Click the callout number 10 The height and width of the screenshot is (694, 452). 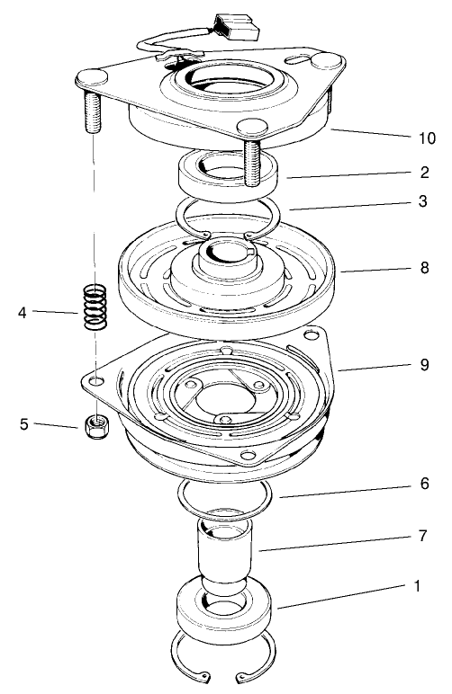(x=425, y=138)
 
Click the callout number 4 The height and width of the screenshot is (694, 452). (x=24, y=313)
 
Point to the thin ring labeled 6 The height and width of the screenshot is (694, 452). (x=225, y=495)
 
